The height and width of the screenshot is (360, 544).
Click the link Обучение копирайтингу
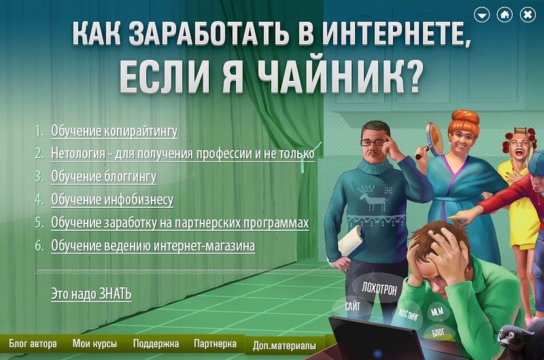[x=114, y=131]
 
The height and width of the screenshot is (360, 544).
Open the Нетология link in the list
[x=183, y=154]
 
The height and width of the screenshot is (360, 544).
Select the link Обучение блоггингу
[x=103, y=177]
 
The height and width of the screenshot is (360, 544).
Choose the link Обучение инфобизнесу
[x=112, y=200]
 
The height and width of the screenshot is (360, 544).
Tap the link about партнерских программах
[x=180, y=223]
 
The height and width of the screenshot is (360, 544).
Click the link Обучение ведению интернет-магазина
[x=153, y=245]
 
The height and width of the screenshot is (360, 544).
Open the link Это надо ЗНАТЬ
[x=91, y=294]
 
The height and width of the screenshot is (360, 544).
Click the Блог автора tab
[x=32, y=344]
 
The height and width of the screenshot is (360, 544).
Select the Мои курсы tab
[x=94, y=344]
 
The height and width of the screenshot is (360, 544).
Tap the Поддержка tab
[x=156, y=344]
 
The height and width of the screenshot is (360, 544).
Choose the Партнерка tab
[x=215, y=344]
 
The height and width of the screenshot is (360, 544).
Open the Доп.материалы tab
[x=284, y=345]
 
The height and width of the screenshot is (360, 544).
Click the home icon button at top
[x=505, y=14]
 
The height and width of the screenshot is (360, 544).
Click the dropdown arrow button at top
[x=482, y=14]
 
